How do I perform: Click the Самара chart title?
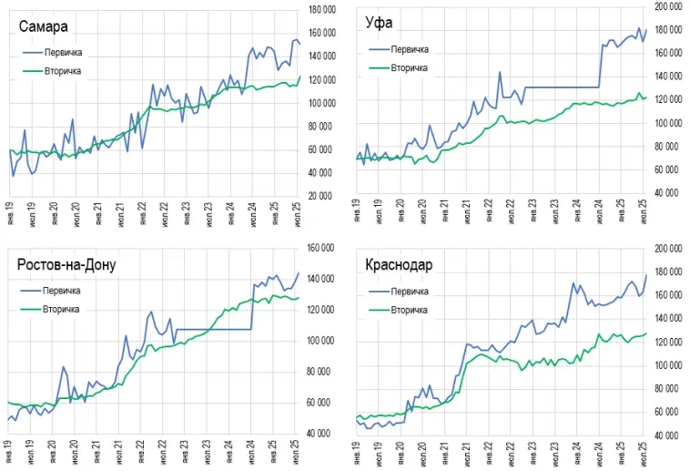pos(45,26)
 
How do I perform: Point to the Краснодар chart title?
pos(399,265)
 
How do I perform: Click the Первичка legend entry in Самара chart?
pos(64,53)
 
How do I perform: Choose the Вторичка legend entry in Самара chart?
pos(64,70)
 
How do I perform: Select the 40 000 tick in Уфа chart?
pos(671,193)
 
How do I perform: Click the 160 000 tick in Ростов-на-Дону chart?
pos(323,248)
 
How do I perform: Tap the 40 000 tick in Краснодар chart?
pos(671,435)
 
